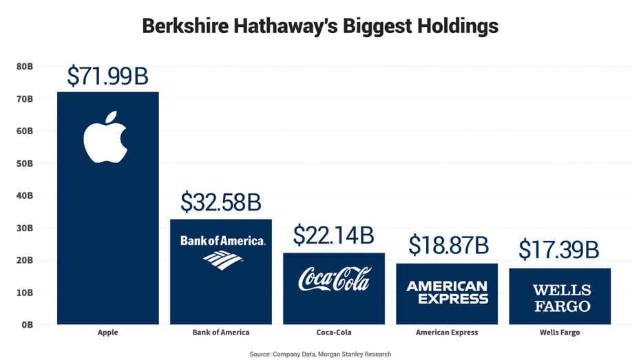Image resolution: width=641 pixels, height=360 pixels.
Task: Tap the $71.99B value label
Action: (x=107, y=76)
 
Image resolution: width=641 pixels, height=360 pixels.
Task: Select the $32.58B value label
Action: (x=220, y=202)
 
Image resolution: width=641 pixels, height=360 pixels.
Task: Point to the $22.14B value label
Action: (x=333, y=236)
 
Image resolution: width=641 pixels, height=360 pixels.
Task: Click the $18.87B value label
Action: (x=448, y=245)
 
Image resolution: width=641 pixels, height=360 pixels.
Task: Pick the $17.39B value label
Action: (x=558, y=250)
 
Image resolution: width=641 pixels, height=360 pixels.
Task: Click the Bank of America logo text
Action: (x=222, y=241)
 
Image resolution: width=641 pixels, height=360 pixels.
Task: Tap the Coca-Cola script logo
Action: (x=334, y=279)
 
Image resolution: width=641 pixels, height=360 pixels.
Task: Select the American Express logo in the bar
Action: (x=447, y=293)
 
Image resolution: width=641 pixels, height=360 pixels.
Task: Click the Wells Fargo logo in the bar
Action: (x=561, y=297)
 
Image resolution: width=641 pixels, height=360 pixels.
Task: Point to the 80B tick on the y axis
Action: (x=24, y=67)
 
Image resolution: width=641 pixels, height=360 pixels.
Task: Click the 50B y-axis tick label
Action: (x=24, y=164)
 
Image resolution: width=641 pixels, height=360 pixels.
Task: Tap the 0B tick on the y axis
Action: (x=27, y=325)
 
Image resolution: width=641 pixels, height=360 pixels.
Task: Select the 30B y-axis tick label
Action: (x=24, y=229)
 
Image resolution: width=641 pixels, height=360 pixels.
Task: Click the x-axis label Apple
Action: (x=107, y=333)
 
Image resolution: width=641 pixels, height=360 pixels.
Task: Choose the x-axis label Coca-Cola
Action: (x=334, y=333)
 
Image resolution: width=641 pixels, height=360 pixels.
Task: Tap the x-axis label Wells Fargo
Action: (x=560, y=333)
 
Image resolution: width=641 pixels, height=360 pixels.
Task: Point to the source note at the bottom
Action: (x=320, y=354)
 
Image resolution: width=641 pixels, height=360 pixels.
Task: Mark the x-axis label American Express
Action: (x=447, y=333)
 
